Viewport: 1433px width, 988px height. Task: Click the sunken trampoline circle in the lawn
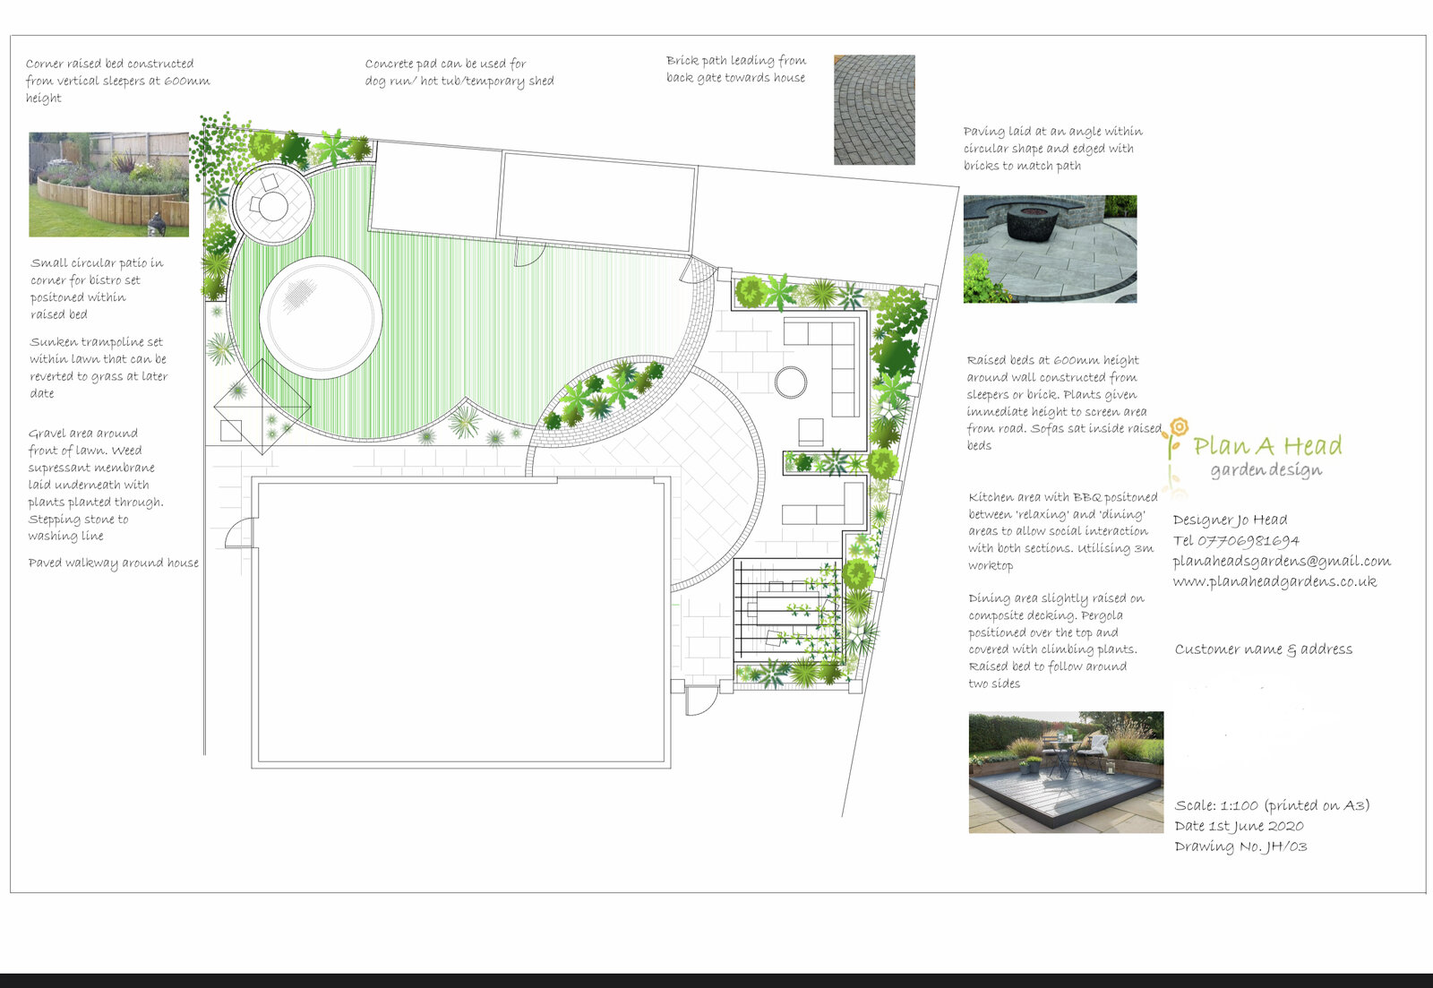pos(321,317)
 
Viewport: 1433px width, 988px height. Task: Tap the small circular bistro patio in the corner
pos(273,204)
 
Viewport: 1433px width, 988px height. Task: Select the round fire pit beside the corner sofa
pos(791,382)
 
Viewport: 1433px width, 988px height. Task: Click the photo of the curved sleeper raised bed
pos(108,185)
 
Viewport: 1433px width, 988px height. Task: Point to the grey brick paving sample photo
pos(874,109)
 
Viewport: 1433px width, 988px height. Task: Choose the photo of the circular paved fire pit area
pos(1050,249)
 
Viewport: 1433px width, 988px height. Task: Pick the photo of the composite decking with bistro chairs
pos(1066,772)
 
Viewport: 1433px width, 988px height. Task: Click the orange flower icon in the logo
pos(1179,426)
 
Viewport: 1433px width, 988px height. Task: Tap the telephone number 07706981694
pos(1249,541)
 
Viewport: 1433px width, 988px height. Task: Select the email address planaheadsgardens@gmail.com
pos(1282,562)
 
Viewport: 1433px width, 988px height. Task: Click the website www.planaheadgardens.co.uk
pos(1274,581)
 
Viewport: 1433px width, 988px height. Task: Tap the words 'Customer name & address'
pos(1264,649)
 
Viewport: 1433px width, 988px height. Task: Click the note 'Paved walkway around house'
pos(113,563)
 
